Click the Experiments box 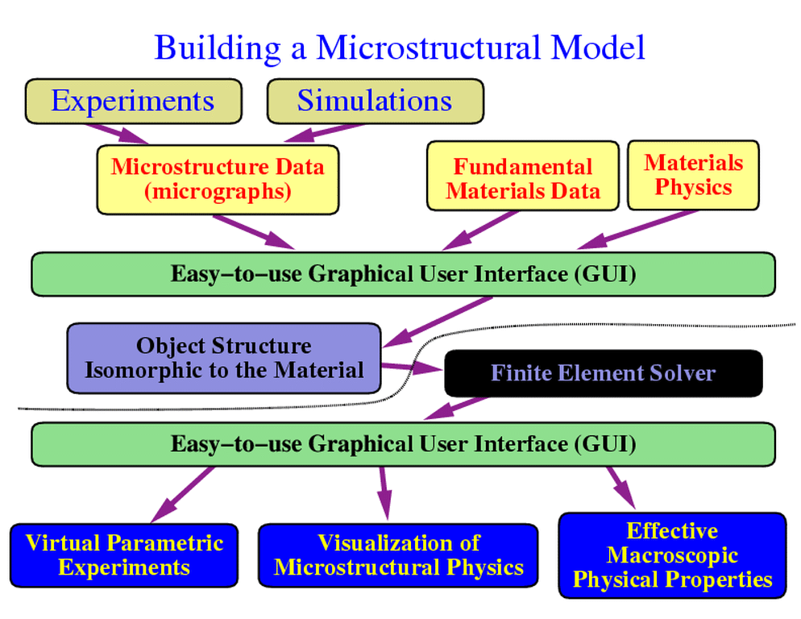coord(133,102)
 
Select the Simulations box coord(375,102)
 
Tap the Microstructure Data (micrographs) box coord(218,180)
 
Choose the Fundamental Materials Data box coord(523,176)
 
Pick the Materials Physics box coord(693,176)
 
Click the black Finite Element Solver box coord(604,373)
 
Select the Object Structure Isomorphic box coord(224,358)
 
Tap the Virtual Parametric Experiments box coord(124,555)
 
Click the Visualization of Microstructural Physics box coord(398,555)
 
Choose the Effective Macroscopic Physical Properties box coord(672,555)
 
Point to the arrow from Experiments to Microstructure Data coord(118,134)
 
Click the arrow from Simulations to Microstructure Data coord(323,133)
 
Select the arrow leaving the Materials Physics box coord(637,230)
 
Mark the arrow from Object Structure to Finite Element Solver coord(412,368)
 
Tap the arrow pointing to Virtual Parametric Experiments coord(182,494)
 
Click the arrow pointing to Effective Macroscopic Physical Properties coord(621,488)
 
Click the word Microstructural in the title coord(428,48)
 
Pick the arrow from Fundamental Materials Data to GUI coord(480,231)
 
